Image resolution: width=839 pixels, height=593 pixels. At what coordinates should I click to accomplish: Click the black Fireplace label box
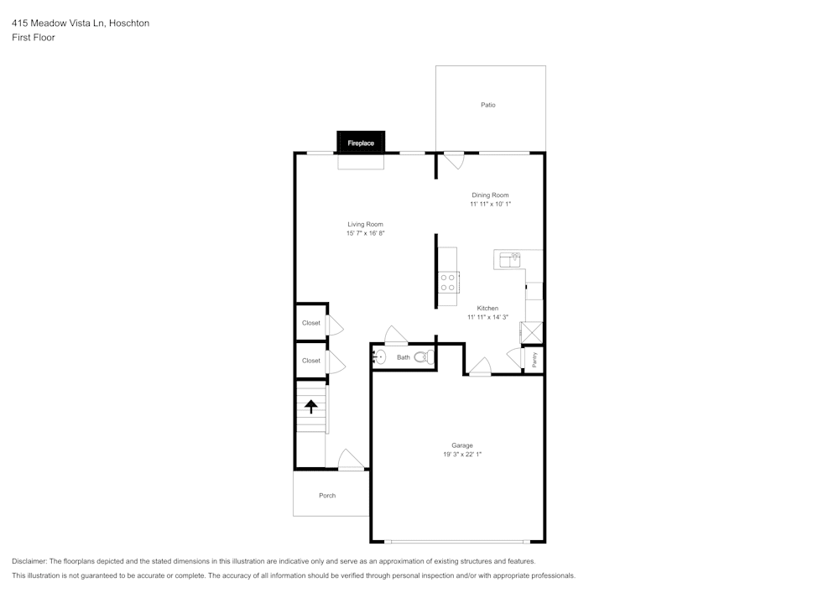361,143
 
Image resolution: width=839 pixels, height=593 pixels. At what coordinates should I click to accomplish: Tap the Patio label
487,105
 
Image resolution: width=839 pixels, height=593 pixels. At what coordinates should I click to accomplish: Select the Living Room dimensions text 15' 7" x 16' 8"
365,233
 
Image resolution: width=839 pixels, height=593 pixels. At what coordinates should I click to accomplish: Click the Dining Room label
490,195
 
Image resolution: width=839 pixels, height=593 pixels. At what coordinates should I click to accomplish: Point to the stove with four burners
447,282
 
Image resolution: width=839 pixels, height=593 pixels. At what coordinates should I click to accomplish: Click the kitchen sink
508,260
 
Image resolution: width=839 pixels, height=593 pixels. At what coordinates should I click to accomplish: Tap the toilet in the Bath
422,357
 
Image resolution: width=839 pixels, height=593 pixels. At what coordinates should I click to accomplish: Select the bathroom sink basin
378,357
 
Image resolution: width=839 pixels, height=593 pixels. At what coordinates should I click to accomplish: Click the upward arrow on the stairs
311,407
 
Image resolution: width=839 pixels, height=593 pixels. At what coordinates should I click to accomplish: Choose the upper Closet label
311,323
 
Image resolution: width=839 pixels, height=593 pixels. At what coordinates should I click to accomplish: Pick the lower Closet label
311,361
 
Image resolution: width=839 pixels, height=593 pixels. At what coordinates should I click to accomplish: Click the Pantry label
534,359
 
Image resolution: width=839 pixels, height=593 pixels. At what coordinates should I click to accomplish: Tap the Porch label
327,496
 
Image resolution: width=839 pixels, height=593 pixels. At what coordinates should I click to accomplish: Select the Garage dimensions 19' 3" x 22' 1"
462,454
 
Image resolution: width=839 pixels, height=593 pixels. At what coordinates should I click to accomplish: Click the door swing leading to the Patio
454,160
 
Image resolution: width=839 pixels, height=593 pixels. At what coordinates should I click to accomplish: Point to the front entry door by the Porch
351,460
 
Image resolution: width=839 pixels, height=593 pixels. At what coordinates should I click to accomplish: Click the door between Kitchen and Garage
480,367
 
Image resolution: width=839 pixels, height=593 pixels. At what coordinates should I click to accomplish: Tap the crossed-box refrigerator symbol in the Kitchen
531,332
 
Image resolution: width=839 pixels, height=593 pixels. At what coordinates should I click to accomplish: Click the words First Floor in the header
34,38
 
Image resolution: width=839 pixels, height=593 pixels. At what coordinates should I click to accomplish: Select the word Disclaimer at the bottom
29,561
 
